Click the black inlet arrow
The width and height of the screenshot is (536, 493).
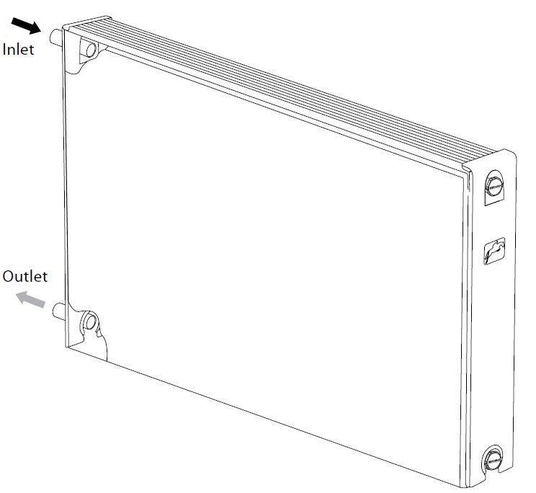pyautogui.click(x=27, y=26)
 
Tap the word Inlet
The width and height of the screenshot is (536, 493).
pyautogui.click(x=18, y=50)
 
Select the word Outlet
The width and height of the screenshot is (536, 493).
pyautogui.click(x=25, y=276)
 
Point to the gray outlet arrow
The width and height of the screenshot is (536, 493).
pyautogui.click(x=31, y=299)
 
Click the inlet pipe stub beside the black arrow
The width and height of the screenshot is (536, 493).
pyautogui.click(x=56, y=37)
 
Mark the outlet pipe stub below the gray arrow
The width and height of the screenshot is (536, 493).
pyautogui.click(x=59, y=311)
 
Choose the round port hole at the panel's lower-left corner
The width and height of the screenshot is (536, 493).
pyautogui.click(x=91, y=322)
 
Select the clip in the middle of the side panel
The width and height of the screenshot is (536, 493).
pyautogui.click(x=494, y=251)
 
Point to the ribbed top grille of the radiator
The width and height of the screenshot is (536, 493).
pyautogui.click(x=280, y=89)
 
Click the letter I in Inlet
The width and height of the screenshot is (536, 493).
pyautogui.click(x=4, y=50)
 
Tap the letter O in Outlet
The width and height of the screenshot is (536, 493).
pyautogui.click(x=8, y=276)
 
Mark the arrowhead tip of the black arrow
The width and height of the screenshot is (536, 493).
pyautogui.click(x=41, y=32)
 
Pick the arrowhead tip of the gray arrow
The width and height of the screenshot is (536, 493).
pyautogui.click(x=16, y=293)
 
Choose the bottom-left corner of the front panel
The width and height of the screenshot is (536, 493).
pyautogui.click(x=66, y=347)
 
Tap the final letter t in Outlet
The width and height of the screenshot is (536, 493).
pyautogui.click(x=45, y=277)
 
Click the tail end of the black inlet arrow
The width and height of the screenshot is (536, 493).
pyautogui.click(x=14, y=21)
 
